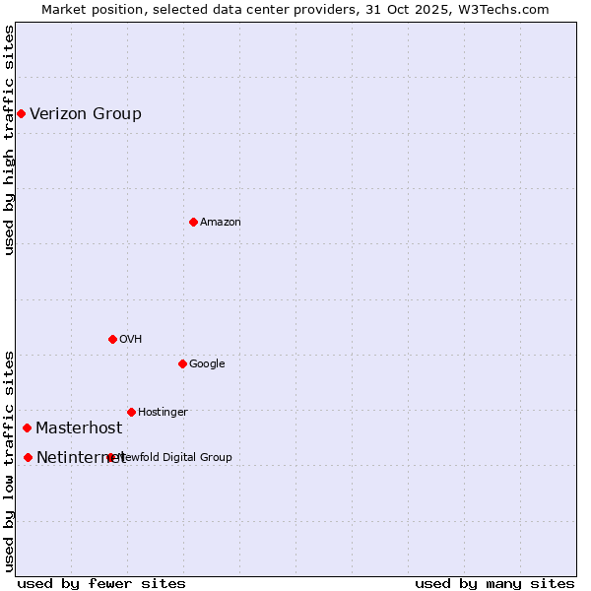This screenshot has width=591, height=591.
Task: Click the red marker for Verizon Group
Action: [21, 114]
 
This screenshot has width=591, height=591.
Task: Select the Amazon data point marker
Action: [193, 223]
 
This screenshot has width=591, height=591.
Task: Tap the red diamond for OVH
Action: [112, 340]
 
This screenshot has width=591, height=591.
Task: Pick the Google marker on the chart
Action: [182, 364]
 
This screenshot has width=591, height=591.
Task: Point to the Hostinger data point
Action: [131, 412]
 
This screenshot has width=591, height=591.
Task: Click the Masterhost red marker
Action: [27, 428]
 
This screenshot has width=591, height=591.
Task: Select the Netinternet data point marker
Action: [28, 458]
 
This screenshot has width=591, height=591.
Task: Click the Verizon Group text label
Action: [86, 114]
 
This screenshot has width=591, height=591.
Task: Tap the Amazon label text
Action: [221, 223]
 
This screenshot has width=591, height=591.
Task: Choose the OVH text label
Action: [131, 340]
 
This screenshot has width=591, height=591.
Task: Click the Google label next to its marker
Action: [207, 364]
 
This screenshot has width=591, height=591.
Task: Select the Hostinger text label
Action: [163, 412]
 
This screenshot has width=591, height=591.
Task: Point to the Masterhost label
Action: [79, 428]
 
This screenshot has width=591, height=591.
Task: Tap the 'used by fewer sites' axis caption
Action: [101, 583]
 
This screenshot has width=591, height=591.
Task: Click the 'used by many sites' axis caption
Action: [494, 583]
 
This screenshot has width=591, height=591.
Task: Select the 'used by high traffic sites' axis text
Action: [9, 140]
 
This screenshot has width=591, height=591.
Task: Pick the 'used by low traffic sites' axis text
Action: [9, 460]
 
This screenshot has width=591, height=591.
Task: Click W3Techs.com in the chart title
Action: [503, 9]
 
